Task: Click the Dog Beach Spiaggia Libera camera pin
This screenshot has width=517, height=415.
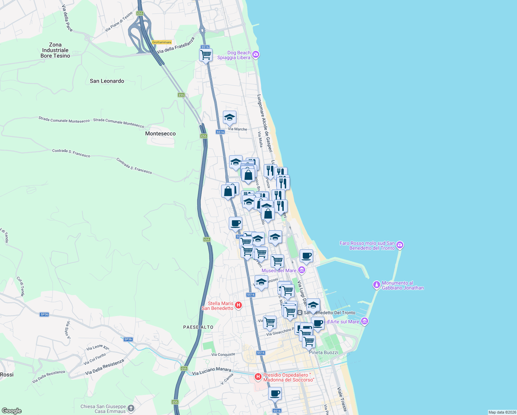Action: point(256,54)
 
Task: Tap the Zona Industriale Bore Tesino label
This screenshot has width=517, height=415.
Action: point(55,50)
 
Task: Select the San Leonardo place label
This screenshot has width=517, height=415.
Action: point(107,81)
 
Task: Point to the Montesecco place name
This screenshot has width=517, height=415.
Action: point(160,133)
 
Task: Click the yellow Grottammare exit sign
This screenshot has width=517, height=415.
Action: point(162,42)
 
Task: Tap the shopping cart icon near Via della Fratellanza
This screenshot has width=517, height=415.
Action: point(206,55)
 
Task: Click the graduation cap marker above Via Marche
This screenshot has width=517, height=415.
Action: point(229,118)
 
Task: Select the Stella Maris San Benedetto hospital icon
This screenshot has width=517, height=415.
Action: point(238,305)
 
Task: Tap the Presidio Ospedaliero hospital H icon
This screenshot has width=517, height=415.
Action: point(258,377)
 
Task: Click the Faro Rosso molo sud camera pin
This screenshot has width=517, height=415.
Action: point(400,245)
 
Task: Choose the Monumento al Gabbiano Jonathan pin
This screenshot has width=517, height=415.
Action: point(376,285)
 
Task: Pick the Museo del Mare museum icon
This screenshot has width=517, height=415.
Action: point(302,270)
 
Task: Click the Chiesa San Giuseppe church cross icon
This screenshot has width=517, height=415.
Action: point(131,408)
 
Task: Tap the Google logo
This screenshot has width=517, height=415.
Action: point(12,411)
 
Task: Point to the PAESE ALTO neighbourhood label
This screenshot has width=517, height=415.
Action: point(198,327)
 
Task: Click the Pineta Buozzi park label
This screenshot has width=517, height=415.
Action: point(323,352)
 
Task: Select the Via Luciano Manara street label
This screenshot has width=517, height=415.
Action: point(211,371)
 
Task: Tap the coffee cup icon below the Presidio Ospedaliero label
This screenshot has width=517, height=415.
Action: point(275,393)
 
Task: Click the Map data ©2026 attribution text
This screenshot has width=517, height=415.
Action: point(502,412)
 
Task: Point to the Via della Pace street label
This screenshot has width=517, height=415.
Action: point(67,18)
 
